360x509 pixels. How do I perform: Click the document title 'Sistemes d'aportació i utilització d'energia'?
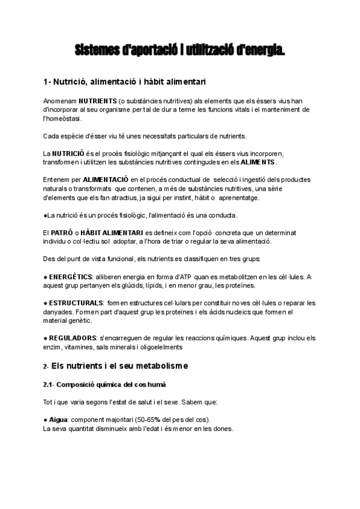click(180, 50)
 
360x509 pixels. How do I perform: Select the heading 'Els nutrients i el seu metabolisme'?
click(120, 366)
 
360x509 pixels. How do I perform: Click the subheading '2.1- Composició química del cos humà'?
click(104, 384)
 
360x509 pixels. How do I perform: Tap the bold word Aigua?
click(59, 419)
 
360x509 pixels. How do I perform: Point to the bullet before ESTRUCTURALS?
click(46, 303)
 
